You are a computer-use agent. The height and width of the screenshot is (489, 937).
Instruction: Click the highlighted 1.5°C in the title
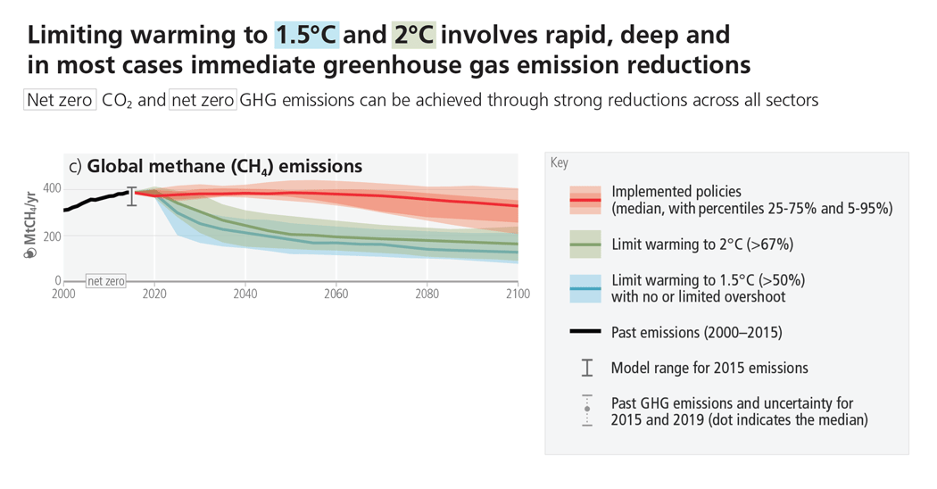click(307, 35)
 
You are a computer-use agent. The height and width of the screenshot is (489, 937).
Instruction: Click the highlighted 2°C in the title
click(413, 35)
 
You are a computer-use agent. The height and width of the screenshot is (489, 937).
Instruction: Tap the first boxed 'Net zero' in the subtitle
click(59, 99)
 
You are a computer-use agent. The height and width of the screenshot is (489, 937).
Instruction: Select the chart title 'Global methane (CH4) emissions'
click(224, 166)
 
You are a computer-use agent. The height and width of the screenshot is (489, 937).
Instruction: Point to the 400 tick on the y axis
click(50, 188)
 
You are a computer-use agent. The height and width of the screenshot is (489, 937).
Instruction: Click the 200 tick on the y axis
click(50, 236)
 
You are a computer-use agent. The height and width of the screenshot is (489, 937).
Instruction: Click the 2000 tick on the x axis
click(64, 294)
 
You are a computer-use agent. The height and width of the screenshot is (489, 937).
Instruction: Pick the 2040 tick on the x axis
click(245, 294)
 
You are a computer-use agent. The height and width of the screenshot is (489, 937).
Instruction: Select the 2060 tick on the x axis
click(336, 294)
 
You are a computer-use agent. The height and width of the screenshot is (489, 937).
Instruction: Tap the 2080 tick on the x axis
click(427, 294)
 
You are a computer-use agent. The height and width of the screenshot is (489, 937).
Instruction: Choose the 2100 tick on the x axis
click(517, 294)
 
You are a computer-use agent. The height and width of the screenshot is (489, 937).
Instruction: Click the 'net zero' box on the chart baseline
click(106, 281)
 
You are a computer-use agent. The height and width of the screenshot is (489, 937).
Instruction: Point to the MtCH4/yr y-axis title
click(30, 224)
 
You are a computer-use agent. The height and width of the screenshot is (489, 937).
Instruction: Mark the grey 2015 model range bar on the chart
click(132, 196)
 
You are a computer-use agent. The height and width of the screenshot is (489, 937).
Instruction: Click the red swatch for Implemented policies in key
click(586, 200)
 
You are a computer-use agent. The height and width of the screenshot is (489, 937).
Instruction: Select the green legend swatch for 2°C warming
click(586, 244)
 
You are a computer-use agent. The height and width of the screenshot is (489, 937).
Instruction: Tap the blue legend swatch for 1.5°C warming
click(586, 288)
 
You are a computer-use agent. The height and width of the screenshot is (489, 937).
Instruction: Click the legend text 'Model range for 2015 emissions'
click(709, 368)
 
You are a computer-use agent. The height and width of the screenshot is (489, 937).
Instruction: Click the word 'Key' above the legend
click(560, 163)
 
